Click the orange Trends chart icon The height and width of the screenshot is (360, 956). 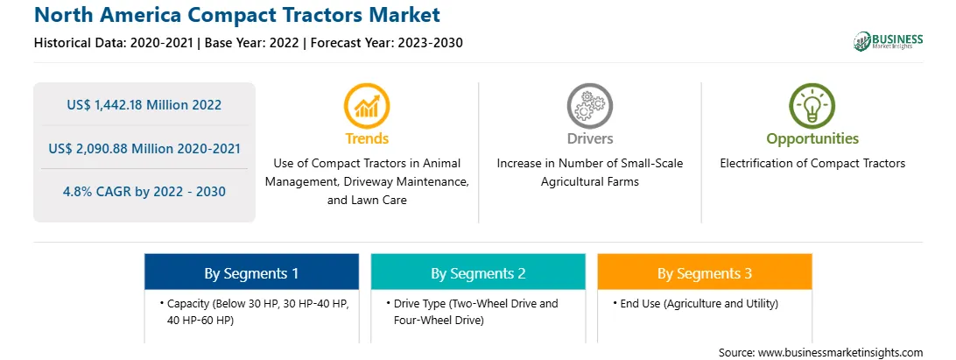click(x=367, y=106)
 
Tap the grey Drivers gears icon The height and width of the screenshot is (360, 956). click(x=589, y=106)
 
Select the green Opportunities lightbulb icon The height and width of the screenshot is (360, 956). click(x=812, y=106)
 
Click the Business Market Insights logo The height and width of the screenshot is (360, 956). click(x=889, y=41)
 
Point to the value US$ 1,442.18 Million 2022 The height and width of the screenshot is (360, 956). click(x=144, y=105)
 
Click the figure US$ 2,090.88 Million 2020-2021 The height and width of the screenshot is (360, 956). click(x=144, y=148)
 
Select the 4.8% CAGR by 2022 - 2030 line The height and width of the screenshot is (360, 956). click(x=144, y=192)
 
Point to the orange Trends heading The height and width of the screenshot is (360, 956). click(x=367, y=138)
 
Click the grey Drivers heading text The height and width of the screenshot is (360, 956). click(x=589, y=138)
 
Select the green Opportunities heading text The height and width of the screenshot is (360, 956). click(x=812, y=139)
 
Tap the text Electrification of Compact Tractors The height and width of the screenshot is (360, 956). click(x=812, y=164)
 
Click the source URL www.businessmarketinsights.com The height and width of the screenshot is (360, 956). click(x=840, y=352)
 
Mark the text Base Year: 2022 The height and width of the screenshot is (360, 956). click(x=252, y=43)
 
